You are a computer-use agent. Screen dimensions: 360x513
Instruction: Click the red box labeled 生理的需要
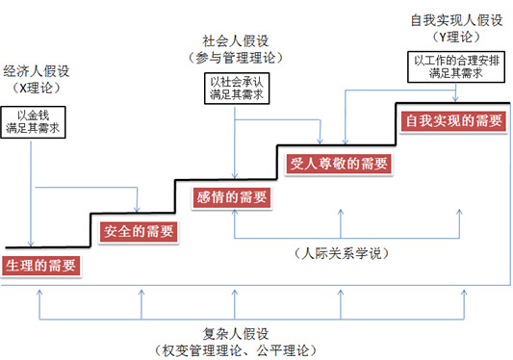tap(39, 266)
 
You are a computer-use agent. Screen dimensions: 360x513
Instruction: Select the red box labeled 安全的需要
tap(139, 231)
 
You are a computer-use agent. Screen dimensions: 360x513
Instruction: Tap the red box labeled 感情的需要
tap(232, 197)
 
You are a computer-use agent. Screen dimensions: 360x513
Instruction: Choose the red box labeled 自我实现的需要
tap(453, 120)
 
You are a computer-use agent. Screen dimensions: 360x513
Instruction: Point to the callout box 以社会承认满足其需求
tap(236, 90)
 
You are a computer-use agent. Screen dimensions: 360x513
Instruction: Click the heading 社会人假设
tap(235, 40)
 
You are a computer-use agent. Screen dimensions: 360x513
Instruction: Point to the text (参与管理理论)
tap(235, 57)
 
